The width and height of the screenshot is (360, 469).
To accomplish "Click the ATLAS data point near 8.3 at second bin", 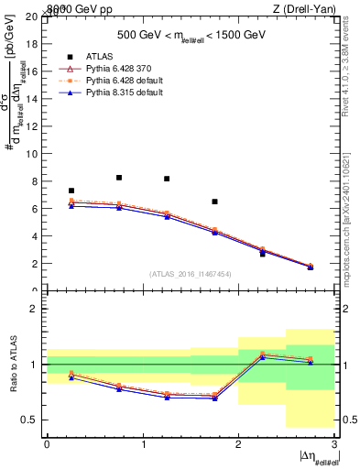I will coord(119,178).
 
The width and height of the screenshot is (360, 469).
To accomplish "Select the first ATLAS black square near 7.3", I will coord(71,191).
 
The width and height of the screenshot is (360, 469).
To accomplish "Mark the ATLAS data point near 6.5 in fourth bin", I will coord(214,202).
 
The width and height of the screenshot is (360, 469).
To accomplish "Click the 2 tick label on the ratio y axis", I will coord(37,309).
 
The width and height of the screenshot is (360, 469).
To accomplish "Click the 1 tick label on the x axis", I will coord(143,443).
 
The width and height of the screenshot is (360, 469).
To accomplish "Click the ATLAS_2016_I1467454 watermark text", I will coord(191,273).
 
